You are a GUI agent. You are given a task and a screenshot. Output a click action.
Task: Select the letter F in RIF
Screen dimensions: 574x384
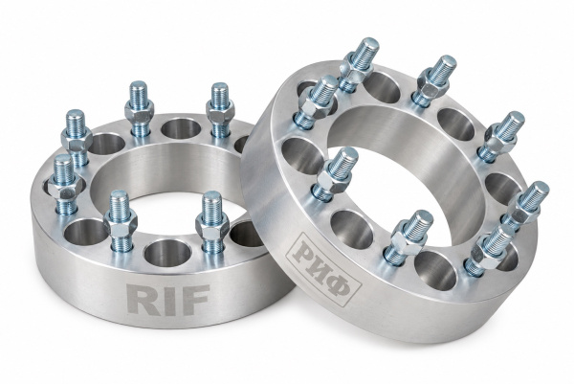coord(195,300)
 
